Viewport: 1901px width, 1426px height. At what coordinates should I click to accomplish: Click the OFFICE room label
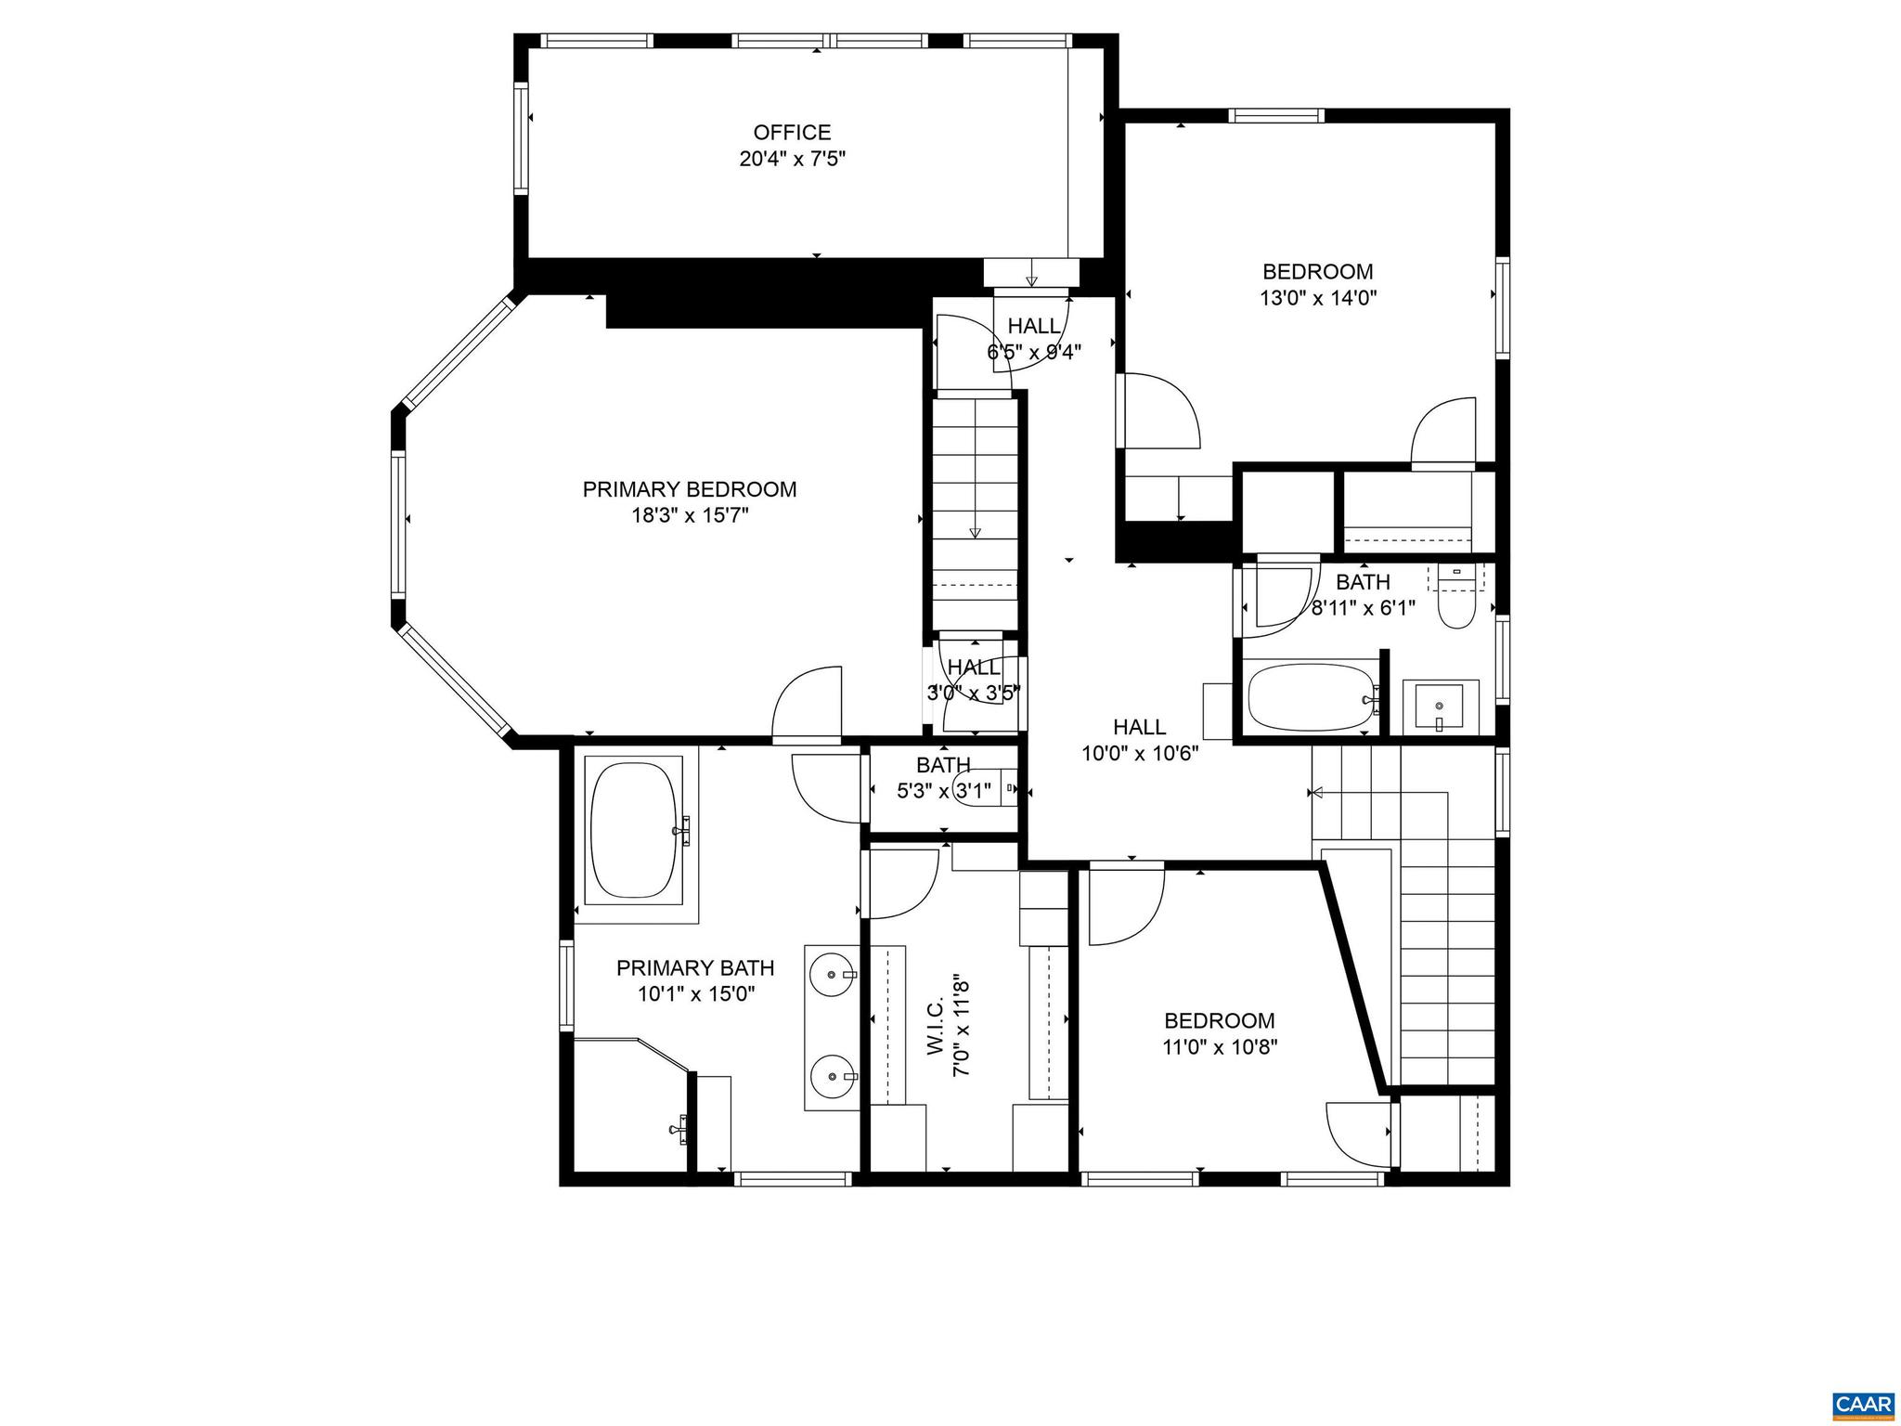click(792, 133)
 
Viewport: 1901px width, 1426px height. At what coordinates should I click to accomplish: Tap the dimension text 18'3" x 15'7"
click(690, 516)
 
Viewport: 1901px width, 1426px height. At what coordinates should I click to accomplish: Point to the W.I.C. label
click(935, 1027)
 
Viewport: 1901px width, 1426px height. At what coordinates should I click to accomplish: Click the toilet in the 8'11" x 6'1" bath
click(1455, 609)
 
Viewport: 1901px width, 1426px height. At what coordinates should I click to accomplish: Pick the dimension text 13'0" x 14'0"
click(1317, 298)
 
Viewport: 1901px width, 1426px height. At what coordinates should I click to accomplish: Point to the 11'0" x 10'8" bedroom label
click(1219, 1021)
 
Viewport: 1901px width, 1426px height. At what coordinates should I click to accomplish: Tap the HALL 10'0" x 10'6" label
click(1139, 727)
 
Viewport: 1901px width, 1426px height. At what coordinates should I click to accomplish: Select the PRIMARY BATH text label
click(695, 968)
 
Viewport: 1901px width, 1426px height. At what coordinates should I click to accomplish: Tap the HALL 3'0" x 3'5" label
click(973, 668)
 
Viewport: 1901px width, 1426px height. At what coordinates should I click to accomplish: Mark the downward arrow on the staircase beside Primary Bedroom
click(975, 531)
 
